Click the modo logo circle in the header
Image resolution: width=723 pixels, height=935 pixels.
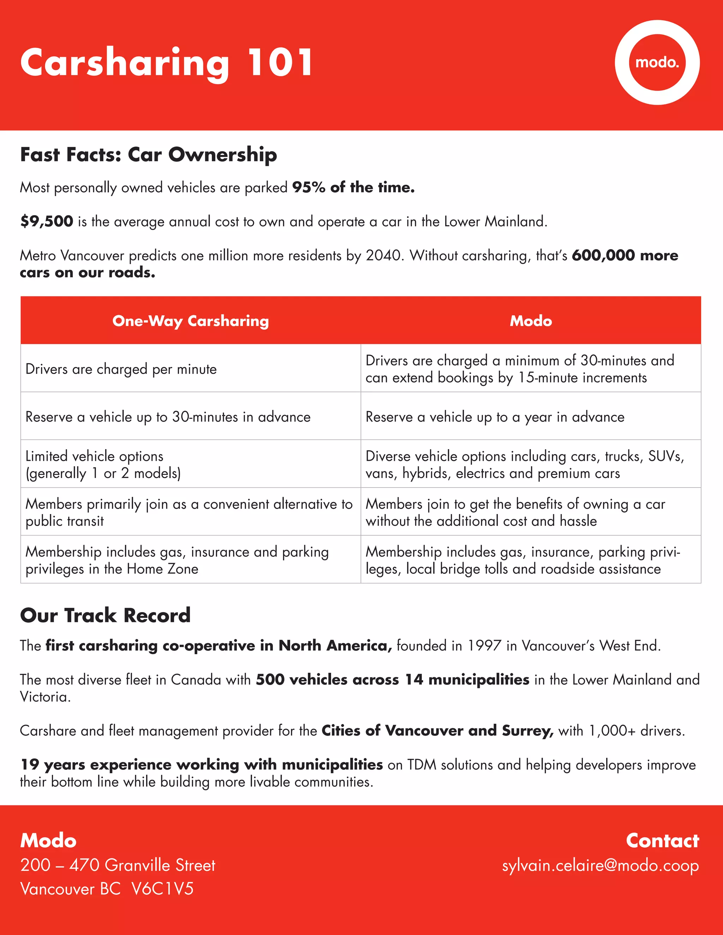point(657,62)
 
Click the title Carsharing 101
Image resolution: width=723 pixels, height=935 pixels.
point(167,63)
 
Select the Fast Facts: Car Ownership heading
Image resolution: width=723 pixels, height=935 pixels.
point(148,155)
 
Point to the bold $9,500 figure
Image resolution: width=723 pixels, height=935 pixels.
point(47,221)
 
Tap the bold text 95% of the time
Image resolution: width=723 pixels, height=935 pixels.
point(353,187)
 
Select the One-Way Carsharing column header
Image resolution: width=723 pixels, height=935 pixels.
point(191,321)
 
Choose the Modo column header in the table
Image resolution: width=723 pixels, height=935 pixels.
point(531,321)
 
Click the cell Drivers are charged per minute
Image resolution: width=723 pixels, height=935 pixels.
point(121,369)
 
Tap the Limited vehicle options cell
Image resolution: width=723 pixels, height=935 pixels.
point(103,465)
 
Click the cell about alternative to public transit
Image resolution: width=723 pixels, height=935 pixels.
point(189,512)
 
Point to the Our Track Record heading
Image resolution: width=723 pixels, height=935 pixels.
point(105,615)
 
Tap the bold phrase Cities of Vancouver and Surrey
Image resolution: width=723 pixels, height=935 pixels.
point(437,731)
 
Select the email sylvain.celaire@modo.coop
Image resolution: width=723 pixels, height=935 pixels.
point(600,865)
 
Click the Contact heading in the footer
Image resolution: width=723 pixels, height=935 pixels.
point(662,841)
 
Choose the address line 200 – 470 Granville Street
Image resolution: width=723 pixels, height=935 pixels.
point(118,865)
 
